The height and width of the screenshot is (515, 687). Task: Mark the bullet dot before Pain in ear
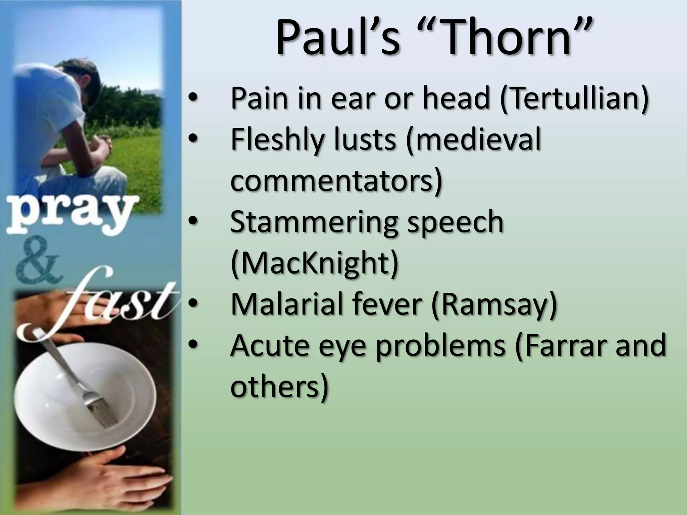pyautogui.click(x=194, y=98)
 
